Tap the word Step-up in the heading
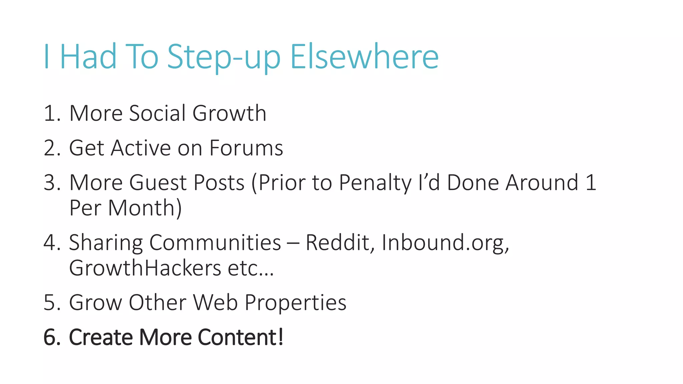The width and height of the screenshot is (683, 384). [x=223, y=57]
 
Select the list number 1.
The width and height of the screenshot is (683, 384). [x=50, y=113]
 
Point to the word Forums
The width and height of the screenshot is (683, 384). [x=246, y=148]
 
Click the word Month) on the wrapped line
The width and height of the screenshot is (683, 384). [x=145, y=208]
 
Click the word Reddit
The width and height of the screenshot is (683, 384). [x=340, y=242]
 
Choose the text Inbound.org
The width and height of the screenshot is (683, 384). [x=445, y=243]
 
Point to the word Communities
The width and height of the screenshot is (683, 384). [x=215, y=242]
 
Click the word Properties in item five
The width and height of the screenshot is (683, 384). [x=295, y=303]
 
